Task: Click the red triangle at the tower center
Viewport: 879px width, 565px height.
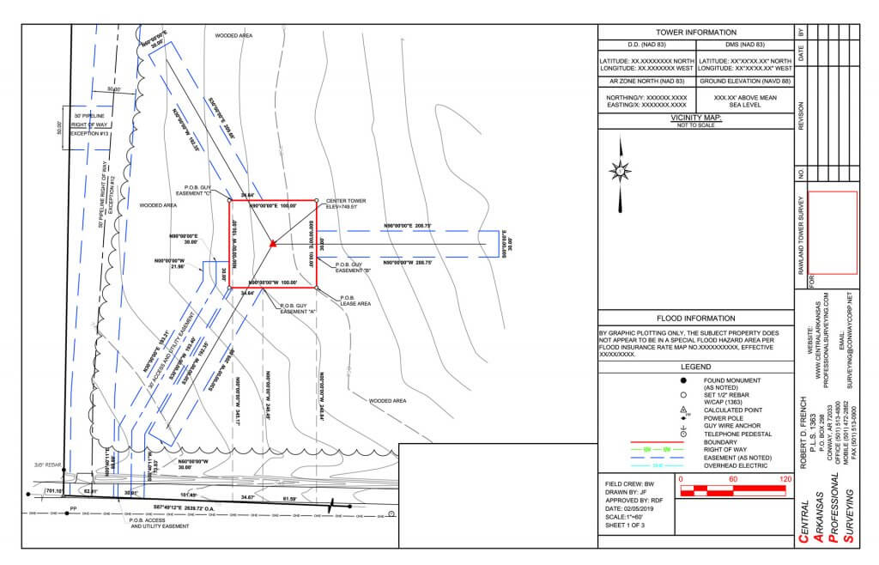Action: pos(272,245)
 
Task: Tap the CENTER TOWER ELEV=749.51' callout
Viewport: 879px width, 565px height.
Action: pos(346,204)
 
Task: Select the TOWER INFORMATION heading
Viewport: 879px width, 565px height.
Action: pos(695,32)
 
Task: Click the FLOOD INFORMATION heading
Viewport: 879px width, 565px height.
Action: pos(695,319)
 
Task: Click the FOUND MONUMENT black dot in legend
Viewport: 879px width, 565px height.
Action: pos(683,380)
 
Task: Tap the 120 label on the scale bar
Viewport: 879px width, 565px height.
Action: pos(785,479)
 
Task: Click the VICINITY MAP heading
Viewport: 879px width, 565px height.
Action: pos(695,118)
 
